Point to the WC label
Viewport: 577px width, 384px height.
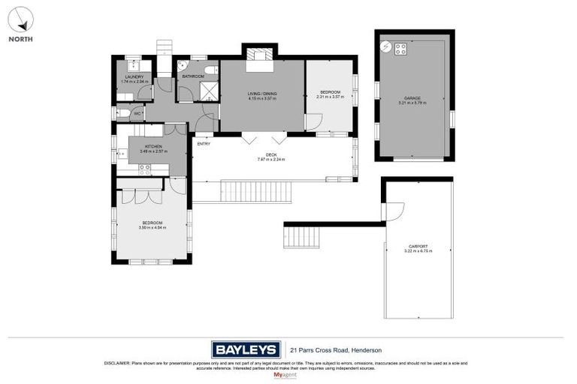click(x=137, y=113)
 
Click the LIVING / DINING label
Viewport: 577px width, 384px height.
click(x=262, y=94)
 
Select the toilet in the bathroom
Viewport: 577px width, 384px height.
click(x=210, y=70)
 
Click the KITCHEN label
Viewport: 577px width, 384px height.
click(x=153, y=147)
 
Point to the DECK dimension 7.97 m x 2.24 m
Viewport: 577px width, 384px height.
click(x=271, y=160)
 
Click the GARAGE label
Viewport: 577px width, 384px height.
click(x=412, y=98)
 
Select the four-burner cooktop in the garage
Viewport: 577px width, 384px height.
click(x=400, y=49)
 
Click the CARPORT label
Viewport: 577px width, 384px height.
click(x=418, y=247)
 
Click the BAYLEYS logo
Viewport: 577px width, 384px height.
click(x=246, y=349)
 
